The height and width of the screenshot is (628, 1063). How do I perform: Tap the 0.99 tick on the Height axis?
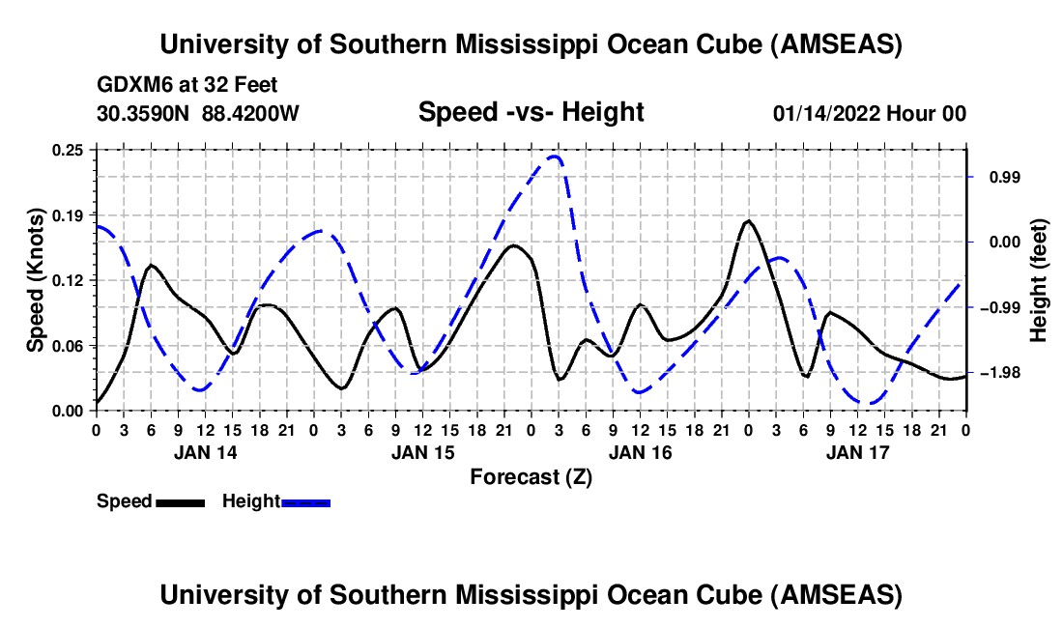click(996, 178)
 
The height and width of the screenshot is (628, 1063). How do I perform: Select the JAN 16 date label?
click(640, 452)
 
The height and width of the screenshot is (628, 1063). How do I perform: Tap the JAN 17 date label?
click(857, 452)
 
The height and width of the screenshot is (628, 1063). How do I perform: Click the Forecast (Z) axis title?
click(531, 476)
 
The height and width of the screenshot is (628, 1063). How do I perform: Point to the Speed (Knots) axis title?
click(36, 280)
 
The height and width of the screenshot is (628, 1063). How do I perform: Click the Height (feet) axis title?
click(1039, 280)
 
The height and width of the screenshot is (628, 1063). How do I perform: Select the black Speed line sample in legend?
click(179, 501)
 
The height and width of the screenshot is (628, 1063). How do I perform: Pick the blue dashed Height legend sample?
click(305, 501)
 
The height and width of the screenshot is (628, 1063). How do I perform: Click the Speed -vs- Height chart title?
click(531, 113)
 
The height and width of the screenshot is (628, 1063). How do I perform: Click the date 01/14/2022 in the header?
click(822, 114)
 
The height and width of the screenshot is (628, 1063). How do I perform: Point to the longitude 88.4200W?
click(251, 114)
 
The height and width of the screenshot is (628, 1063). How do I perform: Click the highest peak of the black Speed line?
click(748, 221)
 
